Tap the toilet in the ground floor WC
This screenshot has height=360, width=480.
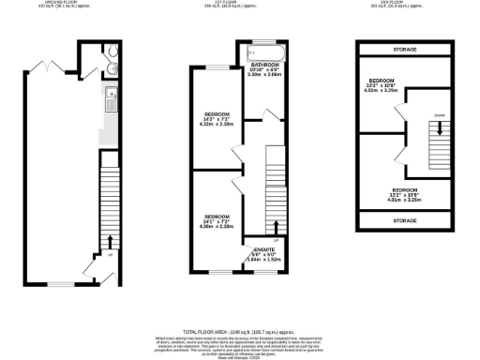(112, 52)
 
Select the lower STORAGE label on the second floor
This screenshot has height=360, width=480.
(404, 222)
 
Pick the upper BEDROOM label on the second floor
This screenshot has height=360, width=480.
(380, 81)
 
